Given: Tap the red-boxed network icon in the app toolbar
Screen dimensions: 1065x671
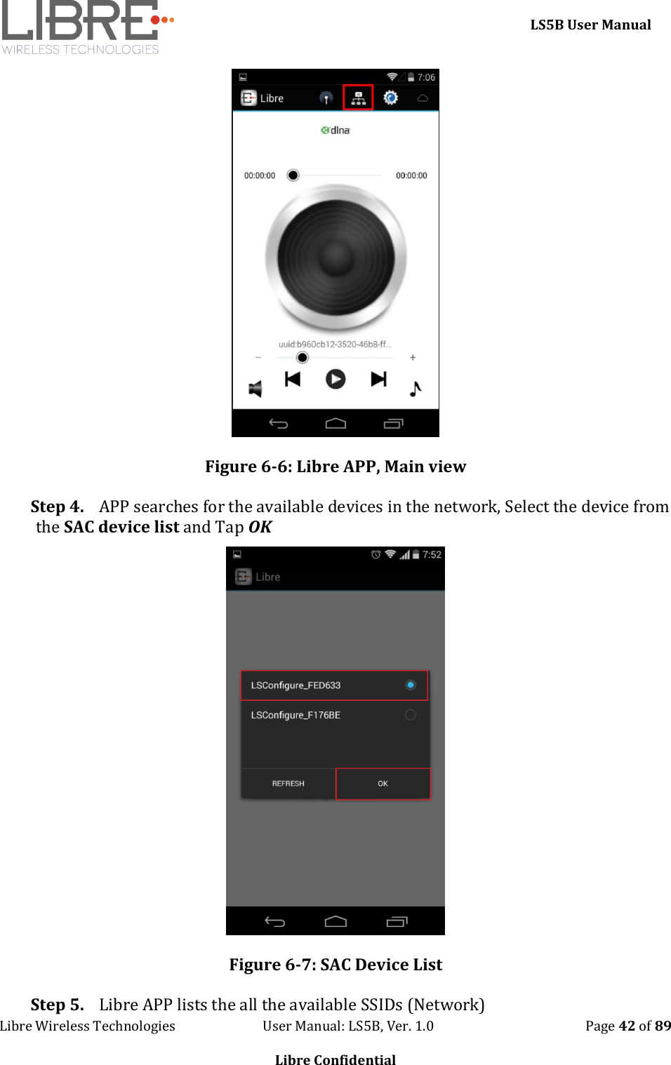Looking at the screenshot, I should pyautogui.click(x=358, y=98).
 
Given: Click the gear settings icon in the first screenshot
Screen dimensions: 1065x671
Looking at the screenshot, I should pyautogui.click(x=390, y=98).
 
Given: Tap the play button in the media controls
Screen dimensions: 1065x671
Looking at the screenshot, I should pyautogui.click(x=335, y=380).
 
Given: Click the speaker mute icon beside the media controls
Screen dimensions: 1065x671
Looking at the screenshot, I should pyautogui.click(x=255, y=389).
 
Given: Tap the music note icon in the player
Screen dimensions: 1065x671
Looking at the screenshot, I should pyautogui.click(x=416, y=389).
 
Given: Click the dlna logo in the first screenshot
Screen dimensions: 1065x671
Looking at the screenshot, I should pyautogui.click(x=335, y=130).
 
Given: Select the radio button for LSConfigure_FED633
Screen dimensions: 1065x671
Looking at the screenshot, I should pyautogui.click(x=411, y=685).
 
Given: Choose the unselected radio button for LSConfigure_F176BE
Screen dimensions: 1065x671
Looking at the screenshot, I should pyautogui.click(x=411, y=715).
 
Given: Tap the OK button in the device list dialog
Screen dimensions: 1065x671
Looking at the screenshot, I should pyautogui.click(x=383, y=784).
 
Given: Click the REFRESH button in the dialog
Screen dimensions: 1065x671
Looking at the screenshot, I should pyautogui.click(x=288, y=784).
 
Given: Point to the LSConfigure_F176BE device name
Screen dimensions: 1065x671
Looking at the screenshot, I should pyautogui.click(x=295, y=715).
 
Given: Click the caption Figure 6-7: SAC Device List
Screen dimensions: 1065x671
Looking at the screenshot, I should pyautogui.click(x=335, y=965).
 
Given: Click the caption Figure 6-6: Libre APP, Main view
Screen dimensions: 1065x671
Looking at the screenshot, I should pyautogui.click(x=335, y=467).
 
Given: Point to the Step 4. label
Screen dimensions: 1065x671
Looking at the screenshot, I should pyautogui.click(x=57, y=507).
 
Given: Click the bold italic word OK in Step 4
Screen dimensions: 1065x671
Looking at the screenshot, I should pyautogui.click(x=260, y=527).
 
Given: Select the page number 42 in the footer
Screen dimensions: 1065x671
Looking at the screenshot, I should pyautogui.click(x=627, y=1026).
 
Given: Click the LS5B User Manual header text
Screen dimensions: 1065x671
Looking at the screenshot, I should pyautogui.click(x=590, y=25).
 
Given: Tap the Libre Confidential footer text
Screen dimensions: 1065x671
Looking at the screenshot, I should pyautogui.click(x=335, y=1059).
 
